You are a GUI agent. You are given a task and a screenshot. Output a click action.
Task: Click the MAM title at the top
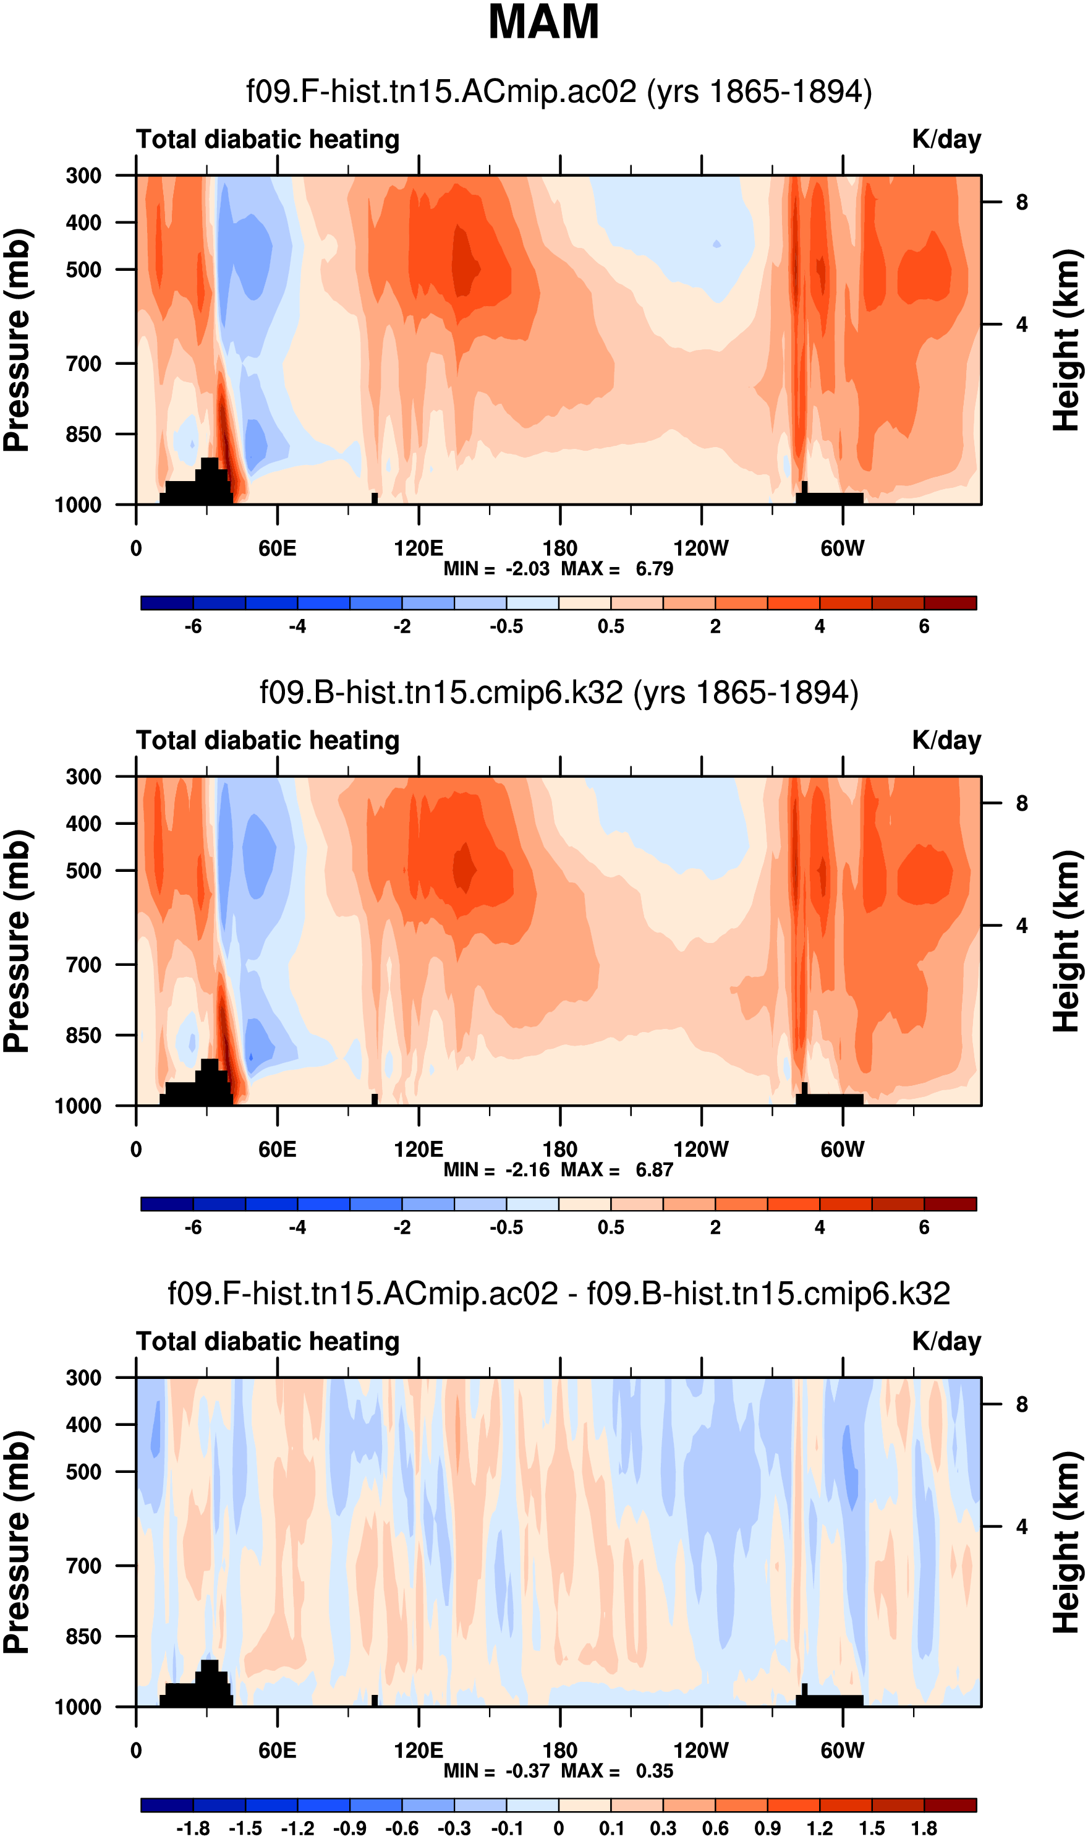pos(543,22)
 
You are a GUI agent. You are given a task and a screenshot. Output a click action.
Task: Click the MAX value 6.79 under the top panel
pos(654,569)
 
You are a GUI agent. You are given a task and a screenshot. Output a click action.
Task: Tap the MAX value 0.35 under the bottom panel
pos(654,1771)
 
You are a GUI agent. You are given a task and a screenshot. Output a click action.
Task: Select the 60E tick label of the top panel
pos(277,548)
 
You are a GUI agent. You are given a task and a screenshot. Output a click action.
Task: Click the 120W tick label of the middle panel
pos(701,1149)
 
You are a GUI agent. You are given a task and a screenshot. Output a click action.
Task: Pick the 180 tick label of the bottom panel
pos(559,1751)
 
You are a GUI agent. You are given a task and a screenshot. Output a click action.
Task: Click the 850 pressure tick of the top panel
pos(83,434)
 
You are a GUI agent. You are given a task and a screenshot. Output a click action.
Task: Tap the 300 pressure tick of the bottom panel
pos(83,1378)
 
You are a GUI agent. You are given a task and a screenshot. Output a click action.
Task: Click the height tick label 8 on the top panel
pos(1021,202)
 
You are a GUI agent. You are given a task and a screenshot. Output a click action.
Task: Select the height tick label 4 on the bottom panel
pos(1021,1527)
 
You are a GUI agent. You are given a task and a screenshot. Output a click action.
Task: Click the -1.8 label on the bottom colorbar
pos(193,1828)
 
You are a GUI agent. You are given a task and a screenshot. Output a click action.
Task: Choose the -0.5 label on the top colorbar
pos(506,626)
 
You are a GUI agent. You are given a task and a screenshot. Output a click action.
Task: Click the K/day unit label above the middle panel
pos(946,741)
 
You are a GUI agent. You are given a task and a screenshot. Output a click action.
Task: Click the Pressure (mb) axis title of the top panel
pos(17,339)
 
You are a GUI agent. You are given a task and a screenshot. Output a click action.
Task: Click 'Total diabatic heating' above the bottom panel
pos(268,1342)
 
